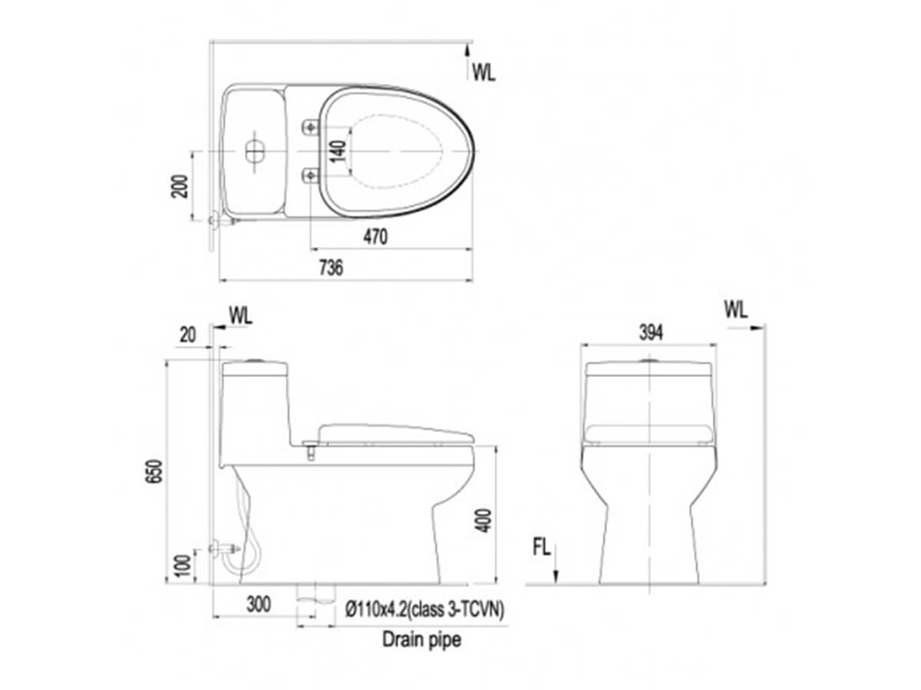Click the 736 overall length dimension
[x=331, y=268]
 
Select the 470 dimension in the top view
[x=375, y=237]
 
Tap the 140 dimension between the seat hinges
[x=338, y=151]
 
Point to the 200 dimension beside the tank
[x=180, y=186]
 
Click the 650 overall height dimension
[x=154, y=472]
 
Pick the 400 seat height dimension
[x=484, y=521]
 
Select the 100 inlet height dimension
[x=183, y=565]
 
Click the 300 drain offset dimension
[x=258, y=604]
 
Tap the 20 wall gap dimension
[x=187, y=335]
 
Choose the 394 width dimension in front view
[x=651, y=333]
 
